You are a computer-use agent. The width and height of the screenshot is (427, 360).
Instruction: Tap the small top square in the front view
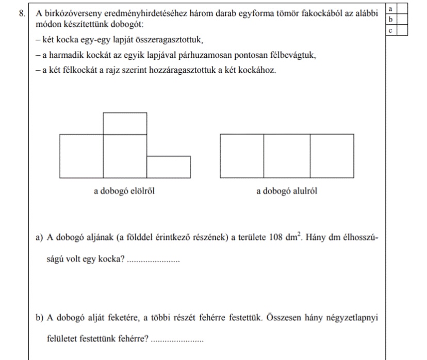click(125, 123)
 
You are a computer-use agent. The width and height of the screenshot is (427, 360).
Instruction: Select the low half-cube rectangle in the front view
click(169, 166)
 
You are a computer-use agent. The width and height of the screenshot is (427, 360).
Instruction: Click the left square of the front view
click(81, 155)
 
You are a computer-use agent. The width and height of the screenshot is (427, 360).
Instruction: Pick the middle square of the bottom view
click(287, 155)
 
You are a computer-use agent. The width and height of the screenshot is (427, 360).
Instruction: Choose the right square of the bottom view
click(332, 155)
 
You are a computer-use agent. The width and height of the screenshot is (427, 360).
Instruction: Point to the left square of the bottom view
click(242, 155)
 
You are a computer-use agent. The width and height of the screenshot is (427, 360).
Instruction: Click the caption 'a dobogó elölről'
click(124, 191)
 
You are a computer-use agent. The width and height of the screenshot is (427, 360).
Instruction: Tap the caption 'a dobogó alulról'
click(286, 191)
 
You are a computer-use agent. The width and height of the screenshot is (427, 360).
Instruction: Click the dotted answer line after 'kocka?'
click(153, 260)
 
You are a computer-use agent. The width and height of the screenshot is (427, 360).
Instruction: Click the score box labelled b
click(390, 20)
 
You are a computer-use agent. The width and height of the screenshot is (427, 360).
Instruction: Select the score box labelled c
click(390, 30)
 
